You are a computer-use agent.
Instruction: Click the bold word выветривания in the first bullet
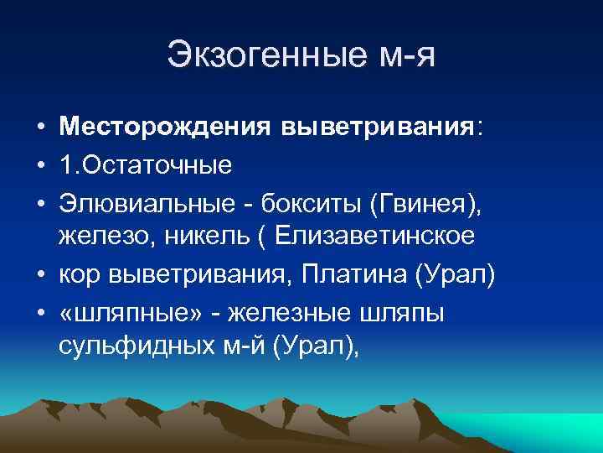(x=376, y=128)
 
